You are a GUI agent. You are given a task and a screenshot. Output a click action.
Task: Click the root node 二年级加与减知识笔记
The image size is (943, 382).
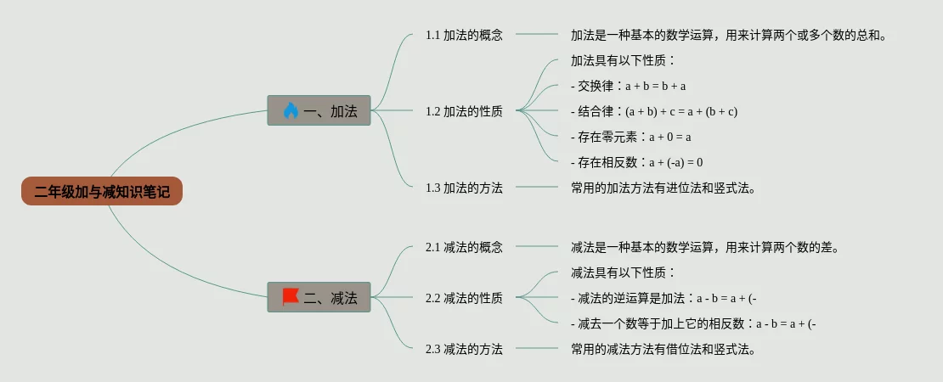tap(102, 192)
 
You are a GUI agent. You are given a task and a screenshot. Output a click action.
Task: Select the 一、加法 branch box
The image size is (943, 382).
tap(319, 110)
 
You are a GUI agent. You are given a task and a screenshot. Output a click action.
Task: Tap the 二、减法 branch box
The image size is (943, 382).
tap(319, 297)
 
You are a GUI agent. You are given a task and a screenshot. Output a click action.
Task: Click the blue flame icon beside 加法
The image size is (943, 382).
tap(291, 110)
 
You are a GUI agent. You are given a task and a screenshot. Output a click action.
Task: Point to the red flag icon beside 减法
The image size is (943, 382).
tap(291, 296)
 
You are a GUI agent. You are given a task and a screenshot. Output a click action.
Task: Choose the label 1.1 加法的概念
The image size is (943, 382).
tap(464, 35)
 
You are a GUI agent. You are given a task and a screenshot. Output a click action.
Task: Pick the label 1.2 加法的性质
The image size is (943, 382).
tap(464, 111)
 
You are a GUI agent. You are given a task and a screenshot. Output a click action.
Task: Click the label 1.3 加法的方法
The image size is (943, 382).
tap(464, 188)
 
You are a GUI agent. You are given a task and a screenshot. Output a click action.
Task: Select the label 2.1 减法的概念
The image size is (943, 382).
tap(464, 247)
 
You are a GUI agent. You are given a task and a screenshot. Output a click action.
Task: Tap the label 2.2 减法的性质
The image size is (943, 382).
tap(464, 298)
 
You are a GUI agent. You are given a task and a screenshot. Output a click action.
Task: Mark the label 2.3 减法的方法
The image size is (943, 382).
tap(464, 349)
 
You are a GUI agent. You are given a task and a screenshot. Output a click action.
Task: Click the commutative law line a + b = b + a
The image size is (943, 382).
tap(628, 86)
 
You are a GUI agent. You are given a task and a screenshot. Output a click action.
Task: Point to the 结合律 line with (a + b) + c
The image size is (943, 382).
tap(653, 111)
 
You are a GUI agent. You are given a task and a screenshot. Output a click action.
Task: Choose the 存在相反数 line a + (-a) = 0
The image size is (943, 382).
tap(636, 162)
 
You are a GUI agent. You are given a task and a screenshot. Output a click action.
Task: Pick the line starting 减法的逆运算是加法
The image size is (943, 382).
tap(663, 298)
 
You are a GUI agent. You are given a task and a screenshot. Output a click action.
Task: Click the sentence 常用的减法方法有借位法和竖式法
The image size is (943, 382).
tap(663, 349)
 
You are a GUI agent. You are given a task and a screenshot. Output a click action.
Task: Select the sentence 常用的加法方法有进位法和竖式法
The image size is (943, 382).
tap(663, 188)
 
